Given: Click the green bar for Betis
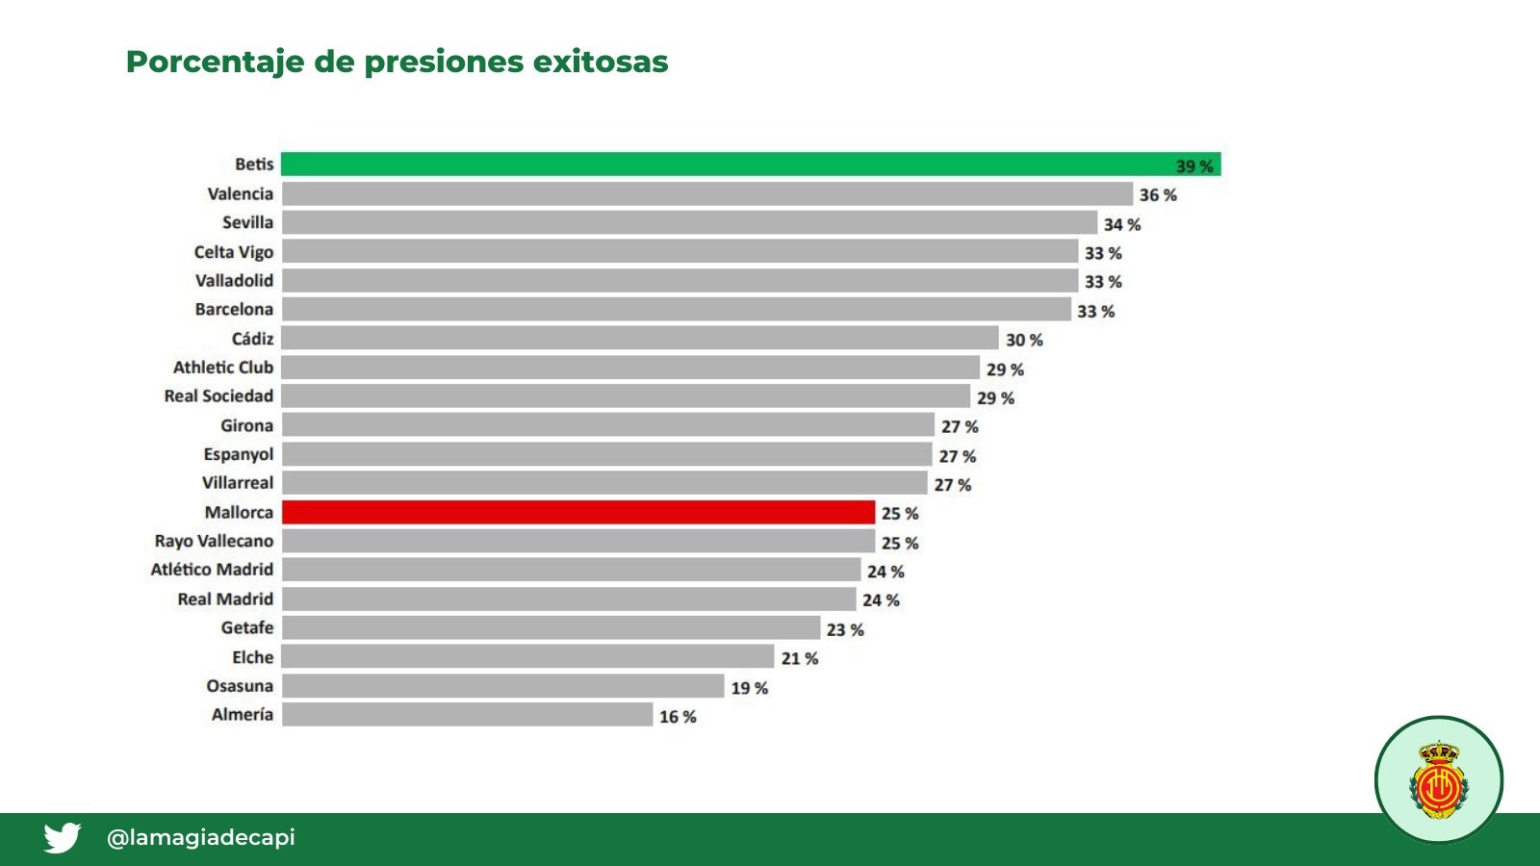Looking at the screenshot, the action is [751, 165].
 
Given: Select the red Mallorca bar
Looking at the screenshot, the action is [578, 512].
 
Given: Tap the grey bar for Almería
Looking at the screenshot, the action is [468, 714].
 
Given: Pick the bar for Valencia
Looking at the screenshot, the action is [707, 193].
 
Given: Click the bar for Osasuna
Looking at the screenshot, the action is [503, 686].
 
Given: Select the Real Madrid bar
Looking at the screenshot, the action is [569, 599].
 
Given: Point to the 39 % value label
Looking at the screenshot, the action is [1194, 166].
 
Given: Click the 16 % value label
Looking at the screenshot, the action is [678, 717].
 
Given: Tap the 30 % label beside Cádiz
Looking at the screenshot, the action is [1024, 341].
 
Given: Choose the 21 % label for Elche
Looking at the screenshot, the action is [800, 658].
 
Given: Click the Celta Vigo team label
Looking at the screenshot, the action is [234, 252].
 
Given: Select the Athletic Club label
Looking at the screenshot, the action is [223, 368].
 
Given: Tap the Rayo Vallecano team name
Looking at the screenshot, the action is [214, 542].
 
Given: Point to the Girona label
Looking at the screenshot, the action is [246, 426].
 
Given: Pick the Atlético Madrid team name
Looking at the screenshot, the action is [212, 570].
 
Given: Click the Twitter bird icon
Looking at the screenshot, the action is [62, 837].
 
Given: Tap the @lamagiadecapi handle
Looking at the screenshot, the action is [201, 837].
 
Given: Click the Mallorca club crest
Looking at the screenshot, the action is [1438, 780].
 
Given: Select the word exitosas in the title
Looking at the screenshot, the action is [601, 62].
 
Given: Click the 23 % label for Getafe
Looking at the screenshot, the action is [845, 630].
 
